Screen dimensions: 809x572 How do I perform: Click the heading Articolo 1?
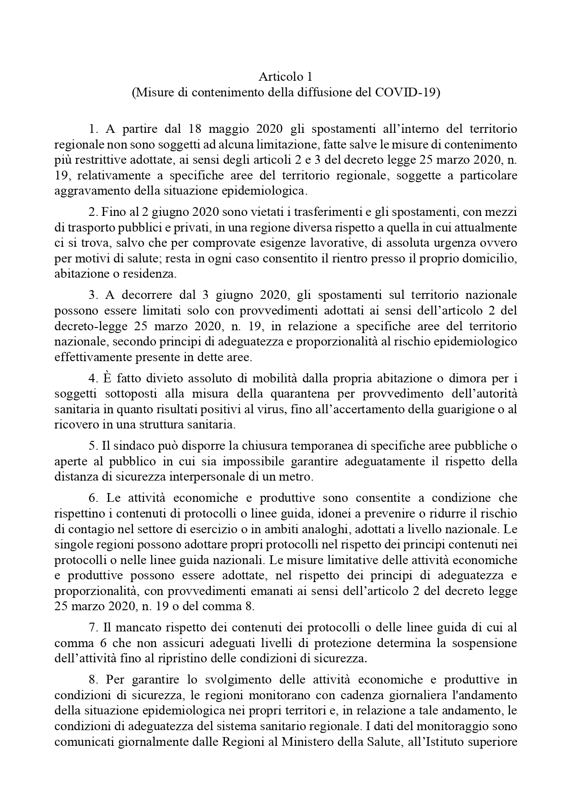[x=285, y=76]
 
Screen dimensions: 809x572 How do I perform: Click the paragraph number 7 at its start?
[x=91, y=627]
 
